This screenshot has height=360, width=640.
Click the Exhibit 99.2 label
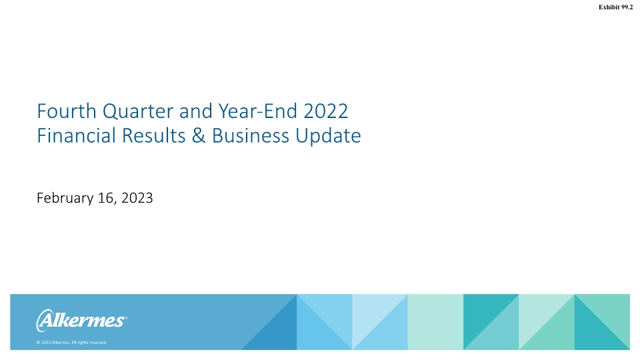(615, 7)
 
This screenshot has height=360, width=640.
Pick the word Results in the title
(141, 136)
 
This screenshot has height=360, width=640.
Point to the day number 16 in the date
(106, 198)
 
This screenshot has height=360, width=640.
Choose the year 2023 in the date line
(136, 198)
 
